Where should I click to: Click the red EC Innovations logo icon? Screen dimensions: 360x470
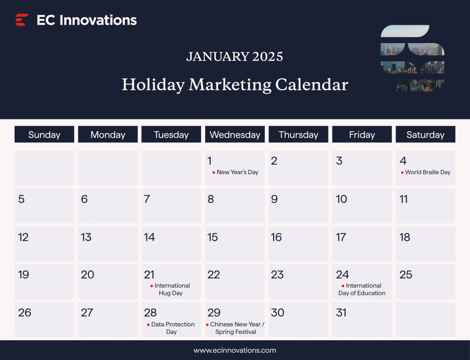pyautogui.click(x=22, y=20)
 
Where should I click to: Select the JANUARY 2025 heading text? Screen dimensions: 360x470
pyautogui.click(x=235, y=56)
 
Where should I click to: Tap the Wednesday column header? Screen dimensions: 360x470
pyautogui.click(x=235, y=134)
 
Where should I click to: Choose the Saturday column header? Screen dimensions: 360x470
pyautogui.click(x=425, y=134)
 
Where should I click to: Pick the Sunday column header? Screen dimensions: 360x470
pyautogui.click(x=44, y=134)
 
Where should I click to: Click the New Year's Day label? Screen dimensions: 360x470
pyautogui.click(x=237, y=172)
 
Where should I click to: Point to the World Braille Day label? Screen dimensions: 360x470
pyautogui.click(x=427, y=172)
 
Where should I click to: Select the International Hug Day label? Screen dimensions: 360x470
pyautogui.click(x=172, y=289)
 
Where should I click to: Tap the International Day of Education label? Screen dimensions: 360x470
pyautogui.click(x=362, y=289)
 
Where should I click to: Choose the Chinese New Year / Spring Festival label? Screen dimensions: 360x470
pyautogui.click(x=236, y=328)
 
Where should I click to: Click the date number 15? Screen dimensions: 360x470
pyautogui.click(x=213, y=237)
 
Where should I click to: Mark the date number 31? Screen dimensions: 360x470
pyautogui.click(x=341, y=313)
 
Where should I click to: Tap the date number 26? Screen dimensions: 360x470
pyautogui.click(x=25, y=313)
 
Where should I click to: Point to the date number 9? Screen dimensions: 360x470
pyautogui.click(x=274, y=199)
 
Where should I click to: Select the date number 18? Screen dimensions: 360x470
pyautogui.click(x=405, y=237)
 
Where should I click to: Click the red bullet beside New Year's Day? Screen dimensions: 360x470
pyautogui.click(x=213, y=172)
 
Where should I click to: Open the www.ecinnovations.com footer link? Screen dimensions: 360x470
pyautogui.click(x=235, y=350)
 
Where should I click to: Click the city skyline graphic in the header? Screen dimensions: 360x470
pyautogui.click(x=412, y=58)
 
